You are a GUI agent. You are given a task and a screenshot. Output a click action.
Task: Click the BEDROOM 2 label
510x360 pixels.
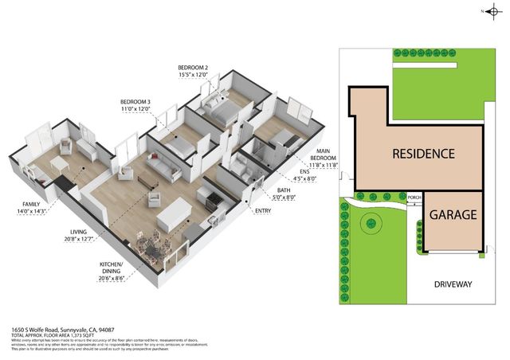[194, 67]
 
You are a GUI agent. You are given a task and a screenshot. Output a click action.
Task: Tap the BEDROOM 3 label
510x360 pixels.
[135, 102]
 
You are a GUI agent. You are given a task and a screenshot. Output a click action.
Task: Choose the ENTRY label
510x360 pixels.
[262, 211]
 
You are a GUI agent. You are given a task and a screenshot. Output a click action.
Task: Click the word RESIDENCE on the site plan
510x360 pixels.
[422, 154]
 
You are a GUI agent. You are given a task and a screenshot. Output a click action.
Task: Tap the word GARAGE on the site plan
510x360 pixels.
[453, 215]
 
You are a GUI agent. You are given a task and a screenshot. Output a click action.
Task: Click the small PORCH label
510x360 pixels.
[414, 198]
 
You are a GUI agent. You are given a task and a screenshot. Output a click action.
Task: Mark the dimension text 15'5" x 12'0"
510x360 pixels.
[194, 75]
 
